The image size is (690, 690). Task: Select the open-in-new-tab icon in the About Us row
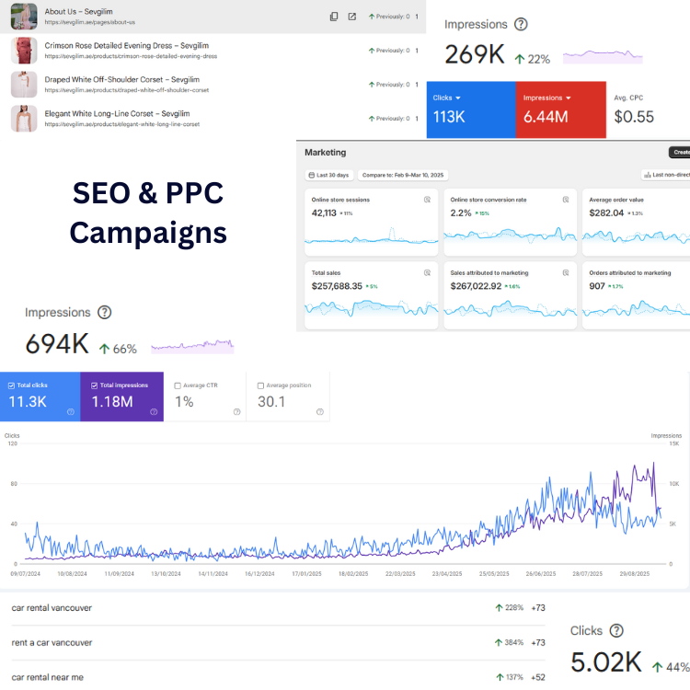pyautogui.click(x=351, y=17)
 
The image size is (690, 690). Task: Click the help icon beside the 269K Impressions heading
pyautogui.click(x=522, y=25)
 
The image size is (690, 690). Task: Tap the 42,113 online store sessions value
pyautogui.click(x=324, y=213)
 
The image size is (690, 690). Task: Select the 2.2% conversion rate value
pyautogui.click(x=460, y=213)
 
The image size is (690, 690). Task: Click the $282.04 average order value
pyautogui.click(x=605, y=213)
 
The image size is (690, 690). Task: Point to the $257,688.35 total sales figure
pyautogui.click(x=337, y=286)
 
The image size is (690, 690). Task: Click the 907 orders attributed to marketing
pyautogui.click(x=596, y=286)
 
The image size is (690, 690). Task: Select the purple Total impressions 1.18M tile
pyautogui.click(x=121, y=397)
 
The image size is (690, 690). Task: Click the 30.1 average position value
pyautogui.click(x=272, y=402)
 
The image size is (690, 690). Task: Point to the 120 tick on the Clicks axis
pyautogui.click(x=12, y=443)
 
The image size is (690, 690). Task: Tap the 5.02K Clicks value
pyautogui.click(x=607, y=662)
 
